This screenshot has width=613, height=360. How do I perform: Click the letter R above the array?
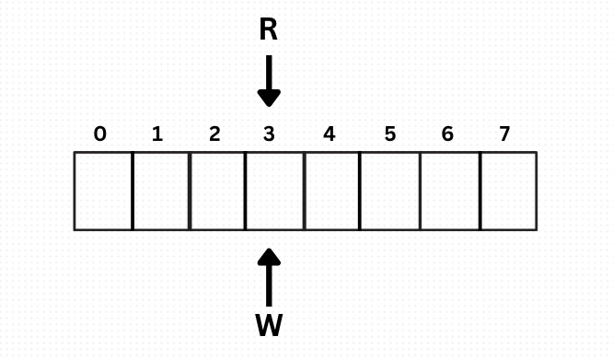tap(268, 30)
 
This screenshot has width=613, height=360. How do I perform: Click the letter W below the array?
tap(269, 325)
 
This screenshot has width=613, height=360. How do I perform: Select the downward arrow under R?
tap(269, 81)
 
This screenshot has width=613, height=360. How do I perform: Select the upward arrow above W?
tap(269, 276)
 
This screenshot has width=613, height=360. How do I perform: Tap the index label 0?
tap(100, 134)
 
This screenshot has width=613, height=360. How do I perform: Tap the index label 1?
tap(157, 134)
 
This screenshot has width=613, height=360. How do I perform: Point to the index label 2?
tap(214, 134)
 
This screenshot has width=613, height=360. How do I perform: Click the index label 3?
tap(269, 134)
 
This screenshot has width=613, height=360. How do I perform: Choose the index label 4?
tap(330, 134)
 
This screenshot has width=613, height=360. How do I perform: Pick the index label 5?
tap(390, 134)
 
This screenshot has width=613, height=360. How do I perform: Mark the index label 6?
tap(447, 134)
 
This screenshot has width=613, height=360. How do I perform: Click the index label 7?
tap(504, 134)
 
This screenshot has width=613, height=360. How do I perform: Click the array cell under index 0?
tap(103, 191)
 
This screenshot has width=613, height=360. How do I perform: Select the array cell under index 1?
tap(161, 191)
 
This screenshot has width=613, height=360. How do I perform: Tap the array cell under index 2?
tap(217, 191)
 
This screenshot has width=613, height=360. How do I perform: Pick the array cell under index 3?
tap(274, 191)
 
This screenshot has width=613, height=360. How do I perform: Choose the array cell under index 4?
tap(331, 191)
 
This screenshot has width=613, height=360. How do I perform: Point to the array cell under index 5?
tap(389, 191)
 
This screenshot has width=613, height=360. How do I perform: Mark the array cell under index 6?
tap(450, 191)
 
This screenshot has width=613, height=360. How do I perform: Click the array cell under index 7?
tap(508, 191)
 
